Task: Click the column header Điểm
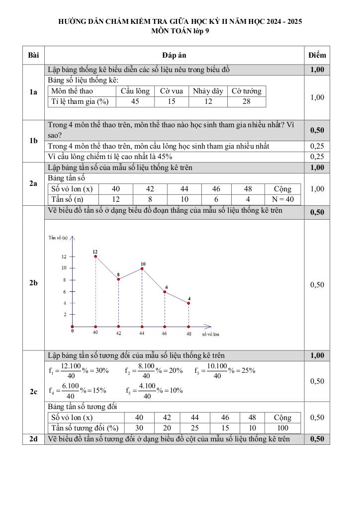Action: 317,55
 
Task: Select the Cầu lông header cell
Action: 135,91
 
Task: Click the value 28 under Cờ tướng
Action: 247,101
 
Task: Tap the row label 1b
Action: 33,141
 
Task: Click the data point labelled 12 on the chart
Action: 95,256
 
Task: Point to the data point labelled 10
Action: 143,268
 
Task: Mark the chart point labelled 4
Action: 189,303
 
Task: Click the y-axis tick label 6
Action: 64,292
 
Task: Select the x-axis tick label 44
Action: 142,333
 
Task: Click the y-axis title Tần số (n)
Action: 58,238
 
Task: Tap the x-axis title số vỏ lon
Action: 210,335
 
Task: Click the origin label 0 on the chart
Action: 72,330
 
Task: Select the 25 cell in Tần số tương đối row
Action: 194,428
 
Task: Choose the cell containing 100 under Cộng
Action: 283,428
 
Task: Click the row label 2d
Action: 33,439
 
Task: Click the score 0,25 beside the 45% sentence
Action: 317,157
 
